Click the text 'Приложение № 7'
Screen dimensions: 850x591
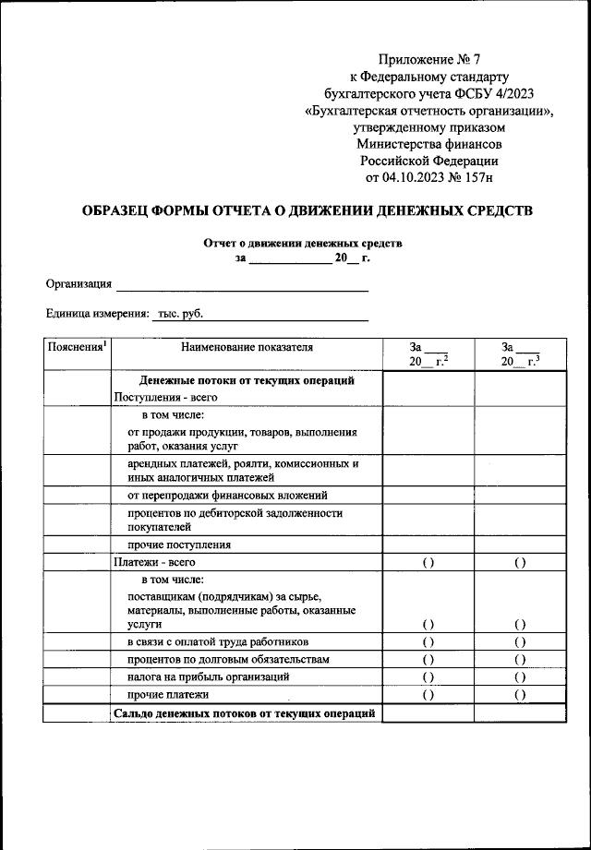click(432, 60)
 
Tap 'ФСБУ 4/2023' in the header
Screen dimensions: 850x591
click(495, 93)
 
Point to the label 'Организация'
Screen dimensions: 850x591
click(79, 283)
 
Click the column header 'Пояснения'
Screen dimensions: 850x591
click(77, 347)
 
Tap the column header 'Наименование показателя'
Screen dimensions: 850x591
click(247, 347)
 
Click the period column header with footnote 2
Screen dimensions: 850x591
click(428, 354)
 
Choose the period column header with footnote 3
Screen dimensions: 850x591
click(519, 354)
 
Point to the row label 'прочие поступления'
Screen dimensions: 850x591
click(178, 545)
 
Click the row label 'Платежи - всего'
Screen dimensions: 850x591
click(153, 561)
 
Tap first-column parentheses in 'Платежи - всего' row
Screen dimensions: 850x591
click(428, 562)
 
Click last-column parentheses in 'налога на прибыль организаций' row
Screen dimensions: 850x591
click(520, 676)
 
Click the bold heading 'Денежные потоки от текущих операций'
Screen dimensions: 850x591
click(247, 380)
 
